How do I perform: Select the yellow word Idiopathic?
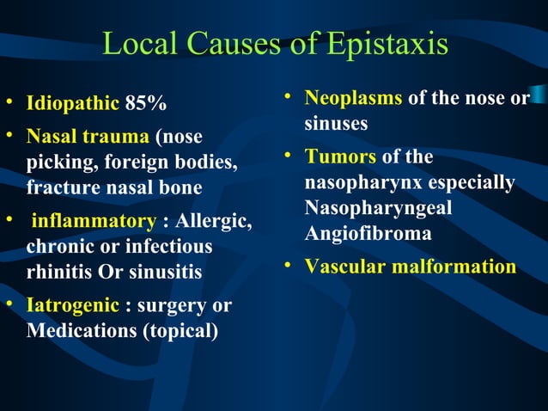pyautogui.click(x=72, y=105)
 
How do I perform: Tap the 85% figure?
pyautogui.click(x=146, y=105)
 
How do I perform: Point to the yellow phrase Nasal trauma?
pyautogui.click(x=88, y=138)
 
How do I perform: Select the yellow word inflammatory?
pyautogui.click(x=93, y=222)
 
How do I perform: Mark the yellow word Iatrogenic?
pyautogui.click(x=73, y=305)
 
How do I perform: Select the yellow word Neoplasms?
pyautogui.click(x=353, y=99)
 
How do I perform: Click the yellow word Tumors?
pyautogui.click(x=340, y=157)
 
